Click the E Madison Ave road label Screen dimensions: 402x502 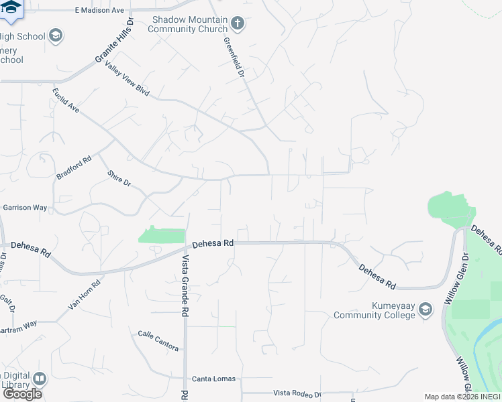point(99,10)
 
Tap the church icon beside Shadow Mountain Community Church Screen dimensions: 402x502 point(237,24)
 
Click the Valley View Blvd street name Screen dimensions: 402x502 point(127,84)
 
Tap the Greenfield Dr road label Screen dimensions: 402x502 point(233,56)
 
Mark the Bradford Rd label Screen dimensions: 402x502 point(73,168)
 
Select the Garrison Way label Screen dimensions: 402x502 point(25,208)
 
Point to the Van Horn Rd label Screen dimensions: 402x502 point(84,295)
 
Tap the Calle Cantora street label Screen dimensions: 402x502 point(158,340)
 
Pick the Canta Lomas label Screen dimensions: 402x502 point(213,379)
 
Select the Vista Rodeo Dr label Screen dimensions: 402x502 point(297,394)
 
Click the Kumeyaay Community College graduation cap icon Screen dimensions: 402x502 point(425,310)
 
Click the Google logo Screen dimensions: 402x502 point(22,394)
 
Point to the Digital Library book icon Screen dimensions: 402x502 point(40,379)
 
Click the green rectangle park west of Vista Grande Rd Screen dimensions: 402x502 point(162,236)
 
